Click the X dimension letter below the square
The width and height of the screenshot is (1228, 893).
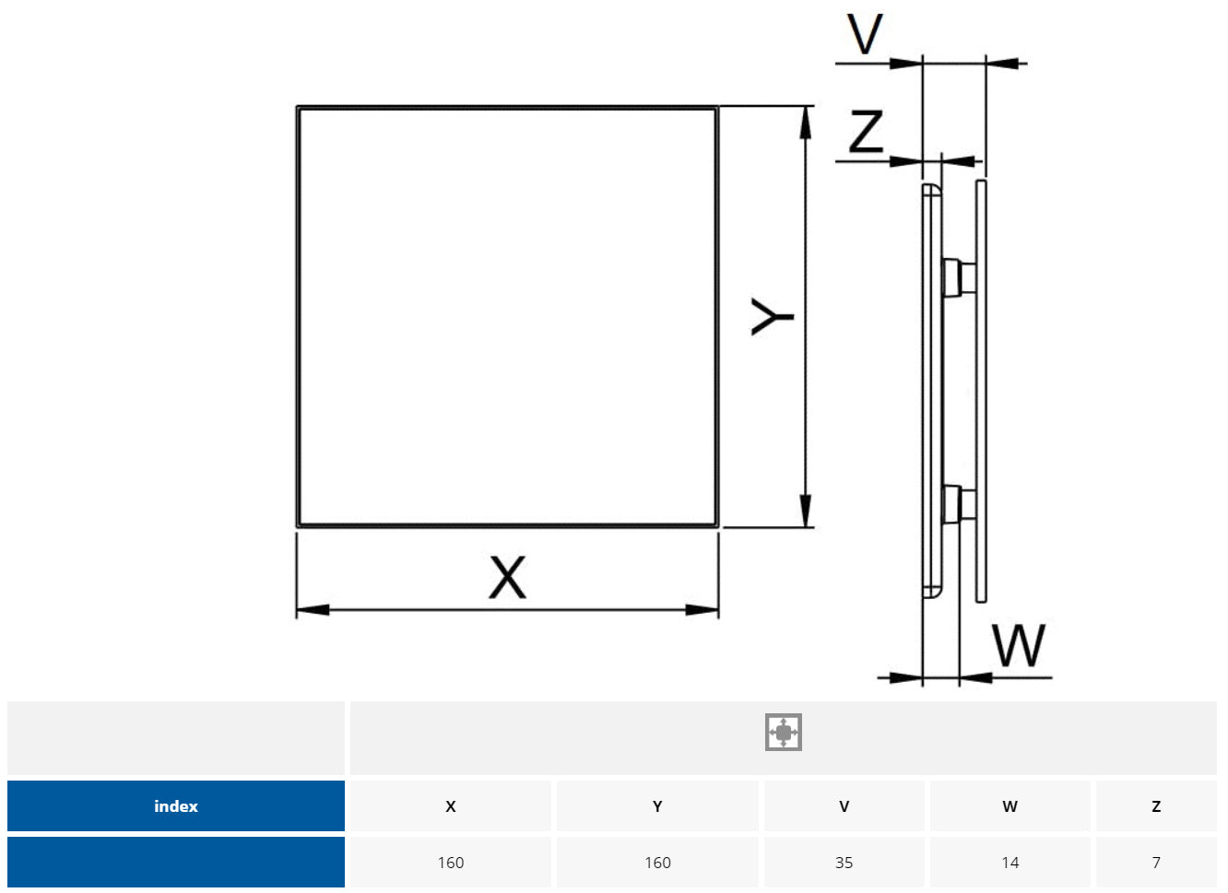tap(507, 577)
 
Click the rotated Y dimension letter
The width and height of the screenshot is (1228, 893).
tap(772, 316)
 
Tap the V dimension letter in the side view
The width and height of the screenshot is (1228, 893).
tap(865, 34)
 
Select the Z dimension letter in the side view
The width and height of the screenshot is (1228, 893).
tap(866, 131)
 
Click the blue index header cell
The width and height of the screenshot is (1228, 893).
tap(176, 806)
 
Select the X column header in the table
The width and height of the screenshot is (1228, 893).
tap(451, 806)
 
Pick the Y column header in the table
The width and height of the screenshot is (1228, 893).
tap(657, 806)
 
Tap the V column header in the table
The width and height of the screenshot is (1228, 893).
tap(844, 806)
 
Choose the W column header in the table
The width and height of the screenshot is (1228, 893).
tap(1010, 806)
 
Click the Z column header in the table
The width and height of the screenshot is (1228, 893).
tap(1156, 806)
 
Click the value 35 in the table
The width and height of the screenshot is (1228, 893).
tap(844, 863)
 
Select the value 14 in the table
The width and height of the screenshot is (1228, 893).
tap(1010, 863)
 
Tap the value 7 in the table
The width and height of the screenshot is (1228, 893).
tap(1156, 863)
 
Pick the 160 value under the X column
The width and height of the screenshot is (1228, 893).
tap(451, 863)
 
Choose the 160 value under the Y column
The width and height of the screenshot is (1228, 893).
tap(657, 863)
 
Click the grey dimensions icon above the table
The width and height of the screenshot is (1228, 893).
tap(783, 733)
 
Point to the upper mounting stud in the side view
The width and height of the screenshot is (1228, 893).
tap(959, 276)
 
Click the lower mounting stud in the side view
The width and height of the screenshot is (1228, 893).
tap(959, 504)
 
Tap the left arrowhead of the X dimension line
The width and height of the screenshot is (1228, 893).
tap(312, 610)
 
